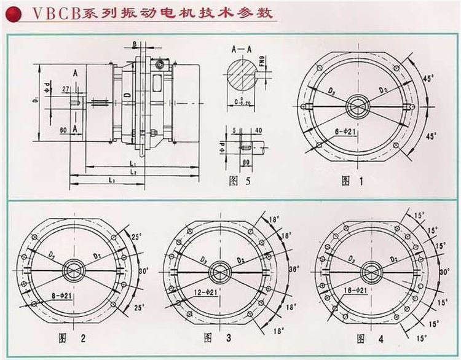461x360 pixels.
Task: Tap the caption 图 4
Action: point(368,338)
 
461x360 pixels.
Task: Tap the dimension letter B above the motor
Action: point(134,43)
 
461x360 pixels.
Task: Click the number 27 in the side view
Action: point(65,90)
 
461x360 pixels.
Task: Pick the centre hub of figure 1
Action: point(357,106)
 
